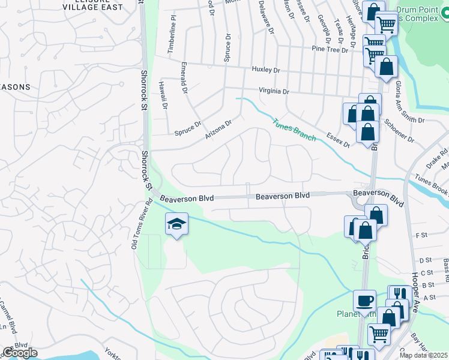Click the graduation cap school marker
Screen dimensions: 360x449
click(176, 224)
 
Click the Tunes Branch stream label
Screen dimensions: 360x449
click(294, 130)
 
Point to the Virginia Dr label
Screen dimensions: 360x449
click(274, 92)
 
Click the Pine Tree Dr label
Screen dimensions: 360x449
click(330, 50)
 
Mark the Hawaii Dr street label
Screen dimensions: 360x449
click(162, 95)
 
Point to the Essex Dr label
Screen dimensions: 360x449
click(338, 140)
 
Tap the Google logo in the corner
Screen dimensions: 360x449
click(20, 353)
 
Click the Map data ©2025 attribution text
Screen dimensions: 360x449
click(423, 356)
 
